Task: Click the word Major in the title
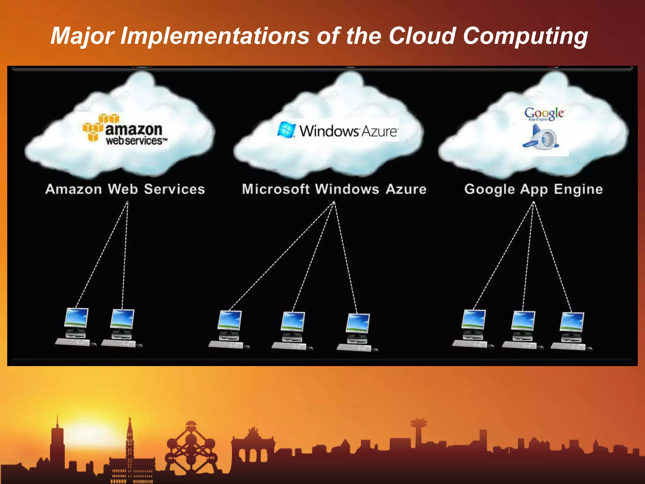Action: pyautogui.click(x=83, y=36)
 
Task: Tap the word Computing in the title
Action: pyautogui.click(x=525, y=36)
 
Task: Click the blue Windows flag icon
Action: pyautogui.click(x=286, y=130)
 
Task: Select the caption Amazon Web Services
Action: pyautogui.click(x=125, y=189)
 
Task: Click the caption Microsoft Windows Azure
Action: pyautogui.click(x=334, y=189)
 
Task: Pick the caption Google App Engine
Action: pyautogui.click(x=534, y=189)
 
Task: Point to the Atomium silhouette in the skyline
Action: pyautogui.click(x=191, y=447)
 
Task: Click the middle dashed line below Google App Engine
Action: pyautogui.click(x=528, y=255)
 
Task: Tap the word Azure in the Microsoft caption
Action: pyautogui.click(x=406, y=189)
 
